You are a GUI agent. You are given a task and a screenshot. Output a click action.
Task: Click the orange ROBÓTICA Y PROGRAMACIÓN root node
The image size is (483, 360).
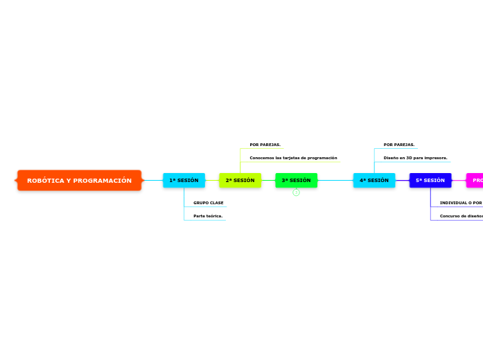pyautogui.click(x=79, y=181)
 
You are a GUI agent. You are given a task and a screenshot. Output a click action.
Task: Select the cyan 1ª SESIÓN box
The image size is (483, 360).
pyautogui.click(x=184, y=181)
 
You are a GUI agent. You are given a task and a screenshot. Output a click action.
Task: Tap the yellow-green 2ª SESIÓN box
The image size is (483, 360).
pyautogui.click(x=240, y=181)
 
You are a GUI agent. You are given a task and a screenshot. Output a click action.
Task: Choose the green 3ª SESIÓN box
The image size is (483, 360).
pyautogui.click(x=296, y=181)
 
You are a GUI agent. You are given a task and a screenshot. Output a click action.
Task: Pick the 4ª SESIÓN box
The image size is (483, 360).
pyautogui.click(x=374, y=181)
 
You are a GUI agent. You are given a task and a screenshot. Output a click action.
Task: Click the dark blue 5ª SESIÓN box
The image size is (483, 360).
pyautogui.click(x=430, y=181)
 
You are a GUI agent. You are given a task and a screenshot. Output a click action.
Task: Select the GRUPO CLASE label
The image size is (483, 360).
pyautogui.click(x=208, y=203)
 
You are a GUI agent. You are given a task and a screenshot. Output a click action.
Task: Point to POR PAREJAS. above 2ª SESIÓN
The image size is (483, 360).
pyautogui.click(x=265, y=145)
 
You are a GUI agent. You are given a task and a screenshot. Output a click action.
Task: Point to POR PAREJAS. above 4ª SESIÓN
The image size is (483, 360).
pyautogui.click(x=398, y=145)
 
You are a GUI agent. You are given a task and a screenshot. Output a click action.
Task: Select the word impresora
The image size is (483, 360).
pyautogui.click(x=434, y=158)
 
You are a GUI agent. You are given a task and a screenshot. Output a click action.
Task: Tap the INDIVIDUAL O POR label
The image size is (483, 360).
pyautogui.click(x=460, y=203)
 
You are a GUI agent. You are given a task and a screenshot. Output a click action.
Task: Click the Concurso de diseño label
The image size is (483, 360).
pyautogui.click(x=461, y=216)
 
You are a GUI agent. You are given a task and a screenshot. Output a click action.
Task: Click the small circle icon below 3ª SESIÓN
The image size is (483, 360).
pyautogui.click(x=296, y=192)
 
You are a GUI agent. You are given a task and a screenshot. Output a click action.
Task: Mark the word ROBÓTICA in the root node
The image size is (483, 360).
pyautogui.click(x=45, y=181)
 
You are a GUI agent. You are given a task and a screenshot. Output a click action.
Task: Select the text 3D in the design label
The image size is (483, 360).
pyautogui.click(x=409, y=158)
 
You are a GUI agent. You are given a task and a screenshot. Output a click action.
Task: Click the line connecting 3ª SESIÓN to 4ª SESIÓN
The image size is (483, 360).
pyautogui.click(x=335, y=181)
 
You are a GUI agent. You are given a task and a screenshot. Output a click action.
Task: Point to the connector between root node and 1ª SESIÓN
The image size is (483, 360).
pyautogui.click(x=152, y=181)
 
